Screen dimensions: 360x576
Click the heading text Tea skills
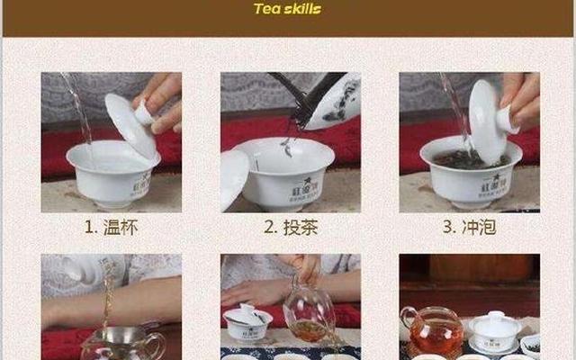pyautogui.click(x=287, y=10)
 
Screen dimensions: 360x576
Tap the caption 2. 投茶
pyautogui.click(x=289, y=227)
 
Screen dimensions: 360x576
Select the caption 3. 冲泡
pyautogui.click(x=468, y=227)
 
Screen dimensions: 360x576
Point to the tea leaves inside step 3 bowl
pyautogui.click(x=469, y=158)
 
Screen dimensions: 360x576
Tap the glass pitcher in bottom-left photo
pyautogui.click(x=121, y=345)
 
